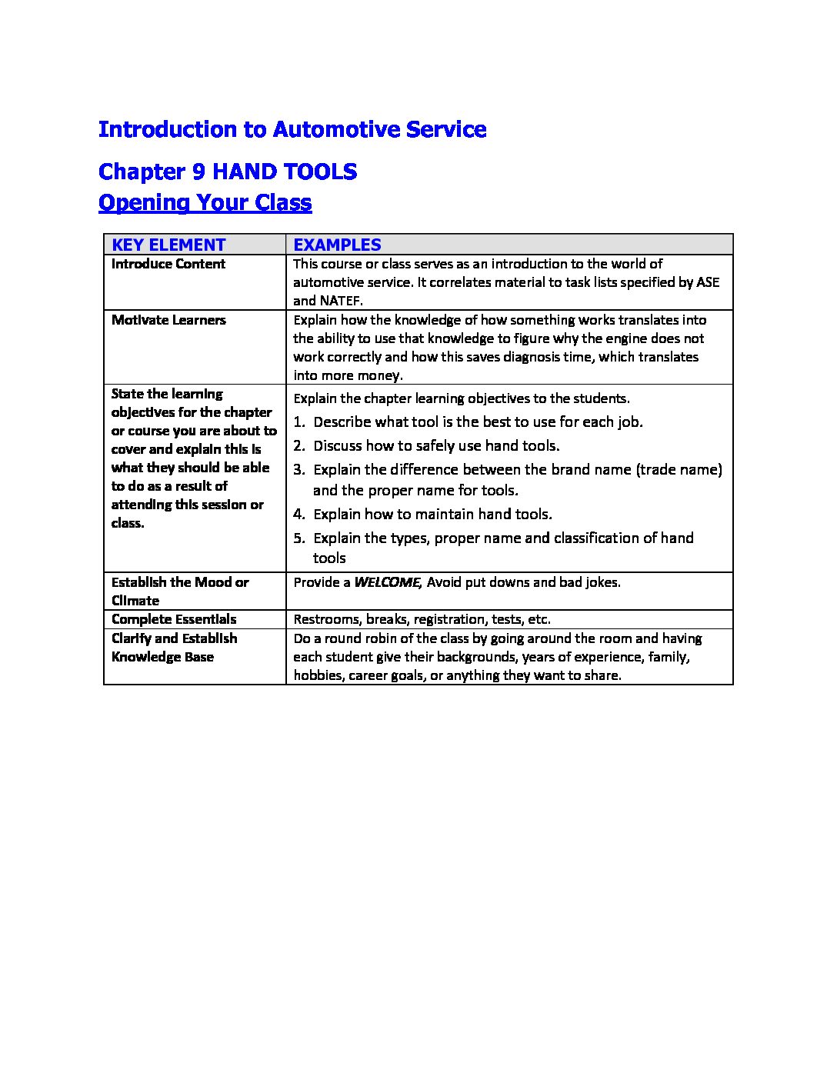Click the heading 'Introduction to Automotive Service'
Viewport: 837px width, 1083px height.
click(x=292, y=129)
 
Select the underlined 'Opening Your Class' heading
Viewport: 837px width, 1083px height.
click(x=205, y=202)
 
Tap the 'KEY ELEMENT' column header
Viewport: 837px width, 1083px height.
click(x=168, y=245)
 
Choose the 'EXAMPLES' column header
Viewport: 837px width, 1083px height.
click(x=337, y=245)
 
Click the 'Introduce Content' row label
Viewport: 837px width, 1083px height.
click(x=168, y=264)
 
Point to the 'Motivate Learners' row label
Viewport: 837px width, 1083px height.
click(x=168, y=320)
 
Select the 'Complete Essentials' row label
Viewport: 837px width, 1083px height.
click(x=174, y=619)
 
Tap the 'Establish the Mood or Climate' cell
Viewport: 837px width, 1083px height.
click(x=180, y=591)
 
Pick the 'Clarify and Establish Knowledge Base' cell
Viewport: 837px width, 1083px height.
click(x=175, y=648)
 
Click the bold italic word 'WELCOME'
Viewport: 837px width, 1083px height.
click(x=386, y=582)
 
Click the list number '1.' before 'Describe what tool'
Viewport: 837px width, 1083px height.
click(x=299, y=422)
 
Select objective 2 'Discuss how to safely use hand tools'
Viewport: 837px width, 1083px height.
click(x=436, y=446)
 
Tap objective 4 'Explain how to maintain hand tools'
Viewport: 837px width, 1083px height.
click(x=432, y=515)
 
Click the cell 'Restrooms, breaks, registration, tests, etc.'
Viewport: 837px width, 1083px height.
click(x=422, y=619)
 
